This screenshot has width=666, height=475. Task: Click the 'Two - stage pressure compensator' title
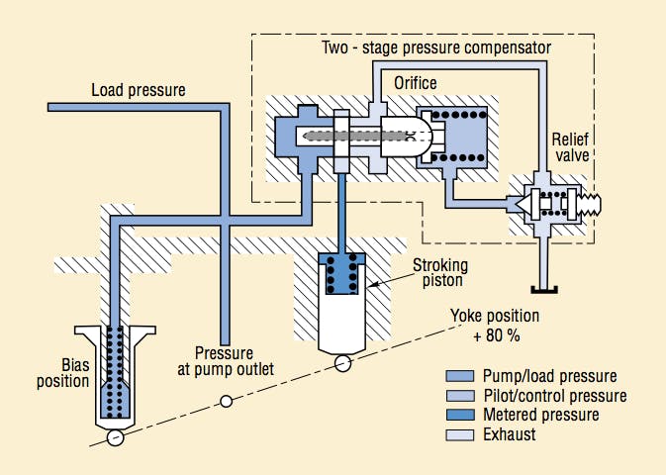pos(435,47)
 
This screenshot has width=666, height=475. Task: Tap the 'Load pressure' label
pos(139,90)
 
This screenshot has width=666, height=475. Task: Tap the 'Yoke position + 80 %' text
pos(495,325)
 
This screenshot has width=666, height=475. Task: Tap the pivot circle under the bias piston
pos(115,437)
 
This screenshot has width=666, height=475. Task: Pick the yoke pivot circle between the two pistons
pos(226,401)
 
